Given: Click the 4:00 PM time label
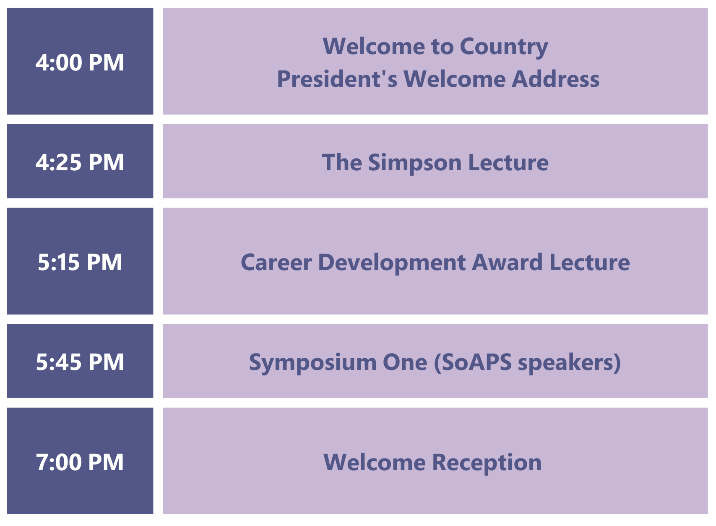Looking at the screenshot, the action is pos(80,62).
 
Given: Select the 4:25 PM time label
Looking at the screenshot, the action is pos(80,162).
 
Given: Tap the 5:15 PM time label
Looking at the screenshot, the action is pos(80,262).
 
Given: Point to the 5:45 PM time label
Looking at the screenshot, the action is pos(80,362).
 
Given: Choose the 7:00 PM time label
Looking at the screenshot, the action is pos(80,462).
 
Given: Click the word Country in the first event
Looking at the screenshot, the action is pos(504,47).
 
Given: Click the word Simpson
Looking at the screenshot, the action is pos(415,164).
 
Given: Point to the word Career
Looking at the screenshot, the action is pos(276,262).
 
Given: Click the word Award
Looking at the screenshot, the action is pos(507,262).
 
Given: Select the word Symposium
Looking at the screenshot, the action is pos(312,363).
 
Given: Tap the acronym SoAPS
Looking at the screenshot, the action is pos(473,362).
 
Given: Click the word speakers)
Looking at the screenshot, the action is pos(569,363).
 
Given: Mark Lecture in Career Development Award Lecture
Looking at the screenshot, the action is pos(590,262).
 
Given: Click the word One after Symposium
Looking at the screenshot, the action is pos(405,362).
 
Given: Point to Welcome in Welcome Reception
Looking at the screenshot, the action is pos(375,462).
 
